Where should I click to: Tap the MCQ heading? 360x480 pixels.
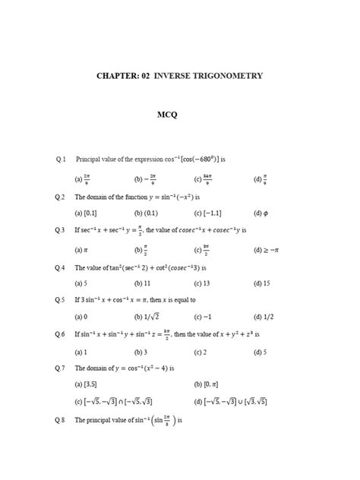tap(166, 115)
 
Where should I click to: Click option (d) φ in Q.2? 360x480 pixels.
tap(260, 213)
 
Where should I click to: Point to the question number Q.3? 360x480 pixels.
tap(62, 229)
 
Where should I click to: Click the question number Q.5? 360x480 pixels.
tap(62, 300)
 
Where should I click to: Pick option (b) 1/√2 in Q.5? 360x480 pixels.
tap(147, 317)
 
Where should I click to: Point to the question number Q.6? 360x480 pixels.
tap(62, 334)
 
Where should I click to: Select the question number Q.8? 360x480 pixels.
tap(62, 420)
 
